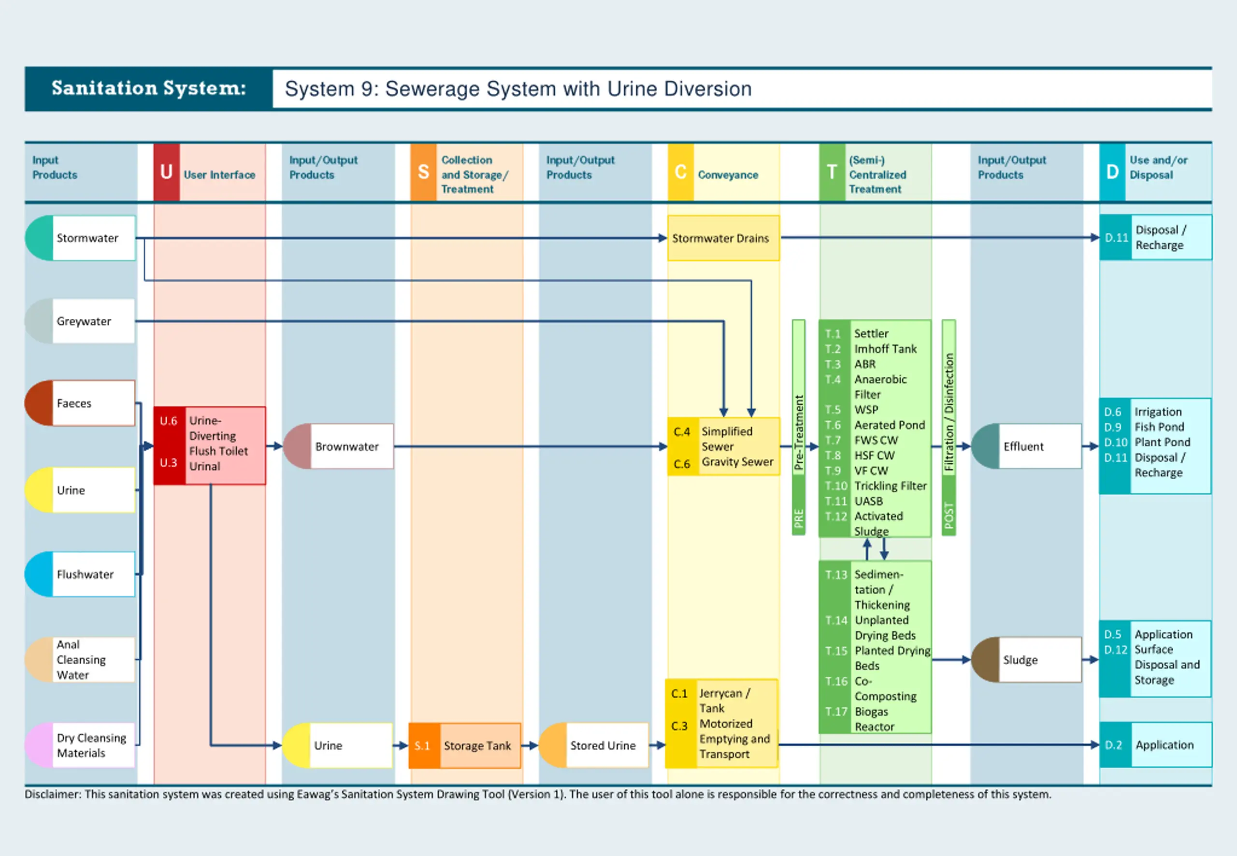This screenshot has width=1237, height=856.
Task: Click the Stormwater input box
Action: click(81, 238)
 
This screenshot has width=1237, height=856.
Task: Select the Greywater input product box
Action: click(81, 321)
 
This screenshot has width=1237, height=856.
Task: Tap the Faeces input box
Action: click(81, 403)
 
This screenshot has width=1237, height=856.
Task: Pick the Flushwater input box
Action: click(81, 574)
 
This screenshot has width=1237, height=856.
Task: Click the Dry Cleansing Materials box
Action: click(81, 745)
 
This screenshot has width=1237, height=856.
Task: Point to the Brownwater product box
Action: click(339, 446)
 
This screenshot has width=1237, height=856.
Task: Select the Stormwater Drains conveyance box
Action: click(723, 238)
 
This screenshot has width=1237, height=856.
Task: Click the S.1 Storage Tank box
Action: click(464, 745)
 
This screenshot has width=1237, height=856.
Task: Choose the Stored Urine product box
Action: click(594, 745)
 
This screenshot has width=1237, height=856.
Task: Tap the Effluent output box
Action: click(1026, 446)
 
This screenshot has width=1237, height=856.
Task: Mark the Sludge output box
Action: click(1026, 660)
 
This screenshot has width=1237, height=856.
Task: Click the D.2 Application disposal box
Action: click(1155, 744)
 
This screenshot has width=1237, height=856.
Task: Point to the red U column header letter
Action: click(166, 172)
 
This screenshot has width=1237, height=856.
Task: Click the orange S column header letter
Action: click(423, 172)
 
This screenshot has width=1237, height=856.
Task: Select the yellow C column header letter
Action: click(680, 172)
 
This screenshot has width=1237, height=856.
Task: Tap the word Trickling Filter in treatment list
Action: click(891, 486)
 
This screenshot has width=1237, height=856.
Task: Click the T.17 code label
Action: click(836, 712)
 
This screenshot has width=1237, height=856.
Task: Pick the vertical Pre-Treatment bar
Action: click(799, 428)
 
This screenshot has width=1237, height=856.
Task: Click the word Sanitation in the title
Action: click(102, 88)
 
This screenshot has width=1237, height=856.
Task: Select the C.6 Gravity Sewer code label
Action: click(682, 464)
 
